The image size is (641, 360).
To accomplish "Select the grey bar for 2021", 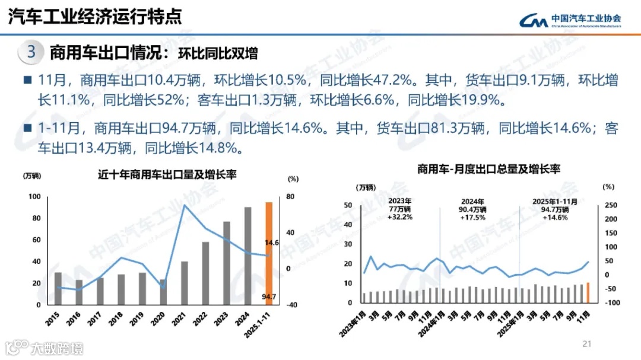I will (185, 283).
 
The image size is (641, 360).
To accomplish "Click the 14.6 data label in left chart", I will (271, 243).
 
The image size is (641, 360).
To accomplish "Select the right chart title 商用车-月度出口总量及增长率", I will (488, 169).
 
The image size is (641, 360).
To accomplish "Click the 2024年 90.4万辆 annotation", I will (473, 209).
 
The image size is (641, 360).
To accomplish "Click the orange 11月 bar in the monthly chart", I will (588, 292).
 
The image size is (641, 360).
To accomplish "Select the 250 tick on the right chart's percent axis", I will (611, 205).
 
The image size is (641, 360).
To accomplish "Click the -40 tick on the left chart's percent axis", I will (291, 305).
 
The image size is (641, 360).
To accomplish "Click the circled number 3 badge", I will (31, 52).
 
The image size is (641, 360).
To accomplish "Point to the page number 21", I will (588, 343).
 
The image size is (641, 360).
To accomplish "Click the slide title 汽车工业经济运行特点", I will (95, 17).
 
